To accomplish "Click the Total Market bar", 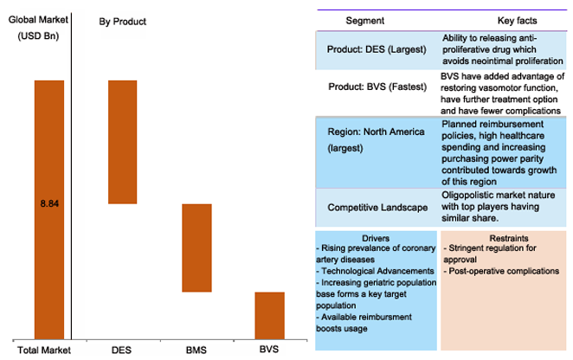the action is pos(49,209).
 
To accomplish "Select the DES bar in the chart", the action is pos(123,142).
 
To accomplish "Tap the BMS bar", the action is pos(197,247).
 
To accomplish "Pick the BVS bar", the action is pos(270,316).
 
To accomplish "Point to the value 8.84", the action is pos(49,203).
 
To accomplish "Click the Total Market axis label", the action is pos(44,350).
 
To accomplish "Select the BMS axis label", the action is pos(196,350).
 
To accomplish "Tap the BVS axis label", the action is pos(269,350).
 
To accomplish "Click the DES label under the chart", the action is pos(121,350).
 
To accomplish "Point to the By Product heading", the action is pos(122,22).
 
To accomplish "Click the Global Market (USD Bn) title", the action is pos(38,28).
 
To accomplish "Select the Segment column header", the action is pos(364,21).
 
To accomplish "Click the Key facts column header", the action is pos(517,21).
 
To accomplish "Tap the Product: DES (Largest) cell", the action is pos(377,49).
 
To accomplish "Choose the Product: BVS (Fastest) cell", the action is pos(377,87).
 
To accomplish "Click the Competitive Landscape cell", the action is pos(377,208).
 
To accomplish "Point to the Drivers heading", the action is pos(376,238).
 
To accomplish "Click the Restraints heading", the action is pos(509,238).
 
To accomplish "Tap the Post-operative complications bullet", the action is pos(501,271).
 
